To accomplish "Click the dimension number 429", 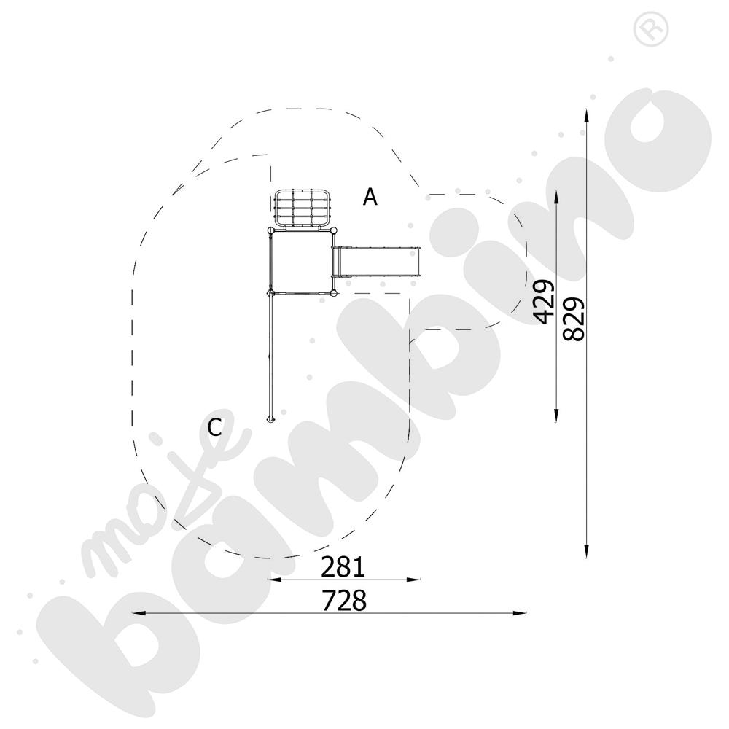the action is tap(545, 302).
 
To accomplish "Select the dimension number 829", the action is tap(573, 319).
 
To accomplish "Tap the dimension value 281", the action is tap(343, 566).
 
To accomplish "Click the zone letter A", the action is tap(370, 197).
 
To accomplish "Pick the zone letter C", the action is tap(214, 427).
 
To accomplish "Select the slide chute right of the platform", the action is tap(377, 262).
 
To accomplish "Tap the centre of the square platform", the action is tap(301, 262).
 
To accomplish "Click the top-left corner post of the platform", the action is tap(270, 230).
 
